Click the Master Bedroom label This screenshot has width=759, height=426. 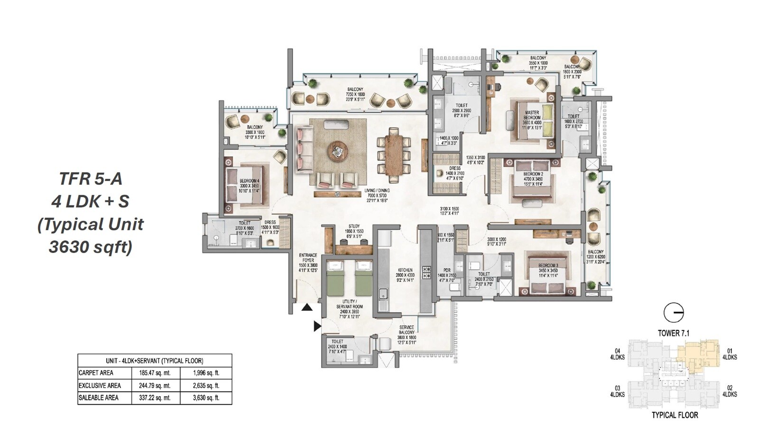coord(531,115)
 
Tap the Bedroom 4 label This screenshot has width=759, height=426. coord(249,181)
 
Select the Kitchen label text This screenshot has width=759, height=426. coord(405,270)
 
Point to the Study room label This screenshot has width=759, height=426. coord(354,227)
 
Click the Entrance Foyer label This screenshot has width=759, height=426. coord(308,258)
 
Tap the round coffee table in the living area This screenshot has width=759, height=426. coord(337,152)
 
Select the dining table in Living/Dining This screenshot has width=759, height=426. coord(394,154)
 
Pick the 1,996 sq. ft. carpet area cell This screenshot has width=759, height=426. coord(206,373)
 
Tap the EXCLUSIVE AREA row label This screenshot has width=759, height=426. coord(100,386)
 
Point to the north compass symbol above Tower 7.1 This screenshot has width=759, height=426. coord(673,313)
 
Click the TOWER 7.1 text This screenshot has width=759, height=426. coord(673,333)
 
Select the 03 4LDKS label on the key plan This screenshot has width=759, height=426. coord(617,391)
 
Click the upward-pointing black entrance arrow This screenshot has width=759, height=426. coord(307,308)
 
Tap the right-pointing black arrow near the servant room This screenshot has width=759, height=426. coord(317,326)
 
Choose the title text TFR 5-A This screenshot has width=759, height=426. coord(90,179)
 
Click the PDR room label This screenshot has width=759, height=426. coord(446,271)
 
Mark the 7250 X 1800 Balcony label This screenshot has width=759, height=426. coord(355,92)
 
